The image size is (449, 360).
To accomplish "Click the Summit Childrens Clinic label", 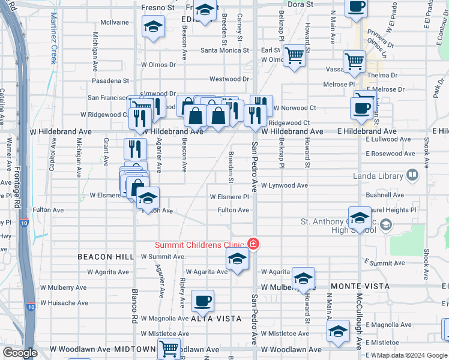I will pyautogui.click(x=199, y=244).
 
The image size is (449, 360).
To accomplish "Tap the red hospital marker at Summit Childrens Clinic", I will pyautogui.click(x=253, y=244).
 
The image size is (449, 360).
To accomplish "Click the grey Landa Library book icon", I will pyautogui.click(x=412, y=175).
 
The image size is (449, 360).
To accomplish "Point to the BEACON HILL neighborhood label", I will pyautogui.click(x=106, y=257).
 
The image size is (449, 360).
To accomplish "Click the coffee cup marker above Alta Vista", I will pyautogui.click(x=202, y=301).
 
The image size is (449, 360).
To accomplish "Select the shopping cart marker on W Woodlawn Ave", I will pyautogui.click(x=169, y=348).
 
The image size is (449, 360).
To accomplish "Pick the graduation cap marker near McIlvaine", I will pyautogui.click(x=153, y=27).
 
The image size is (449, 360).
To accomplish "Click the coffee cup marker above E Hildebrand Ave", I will pyautogui.click(x=361, y=108).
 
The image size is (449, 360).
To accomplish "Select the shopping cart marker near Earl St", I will pyautogui.click(x=294, y=56).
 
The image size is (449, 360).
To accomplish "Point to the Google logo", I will pyautogui.click(x=20, y=353).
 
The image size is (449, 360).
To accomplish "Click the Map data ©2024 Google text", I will pyautogui.click(x=411, y=355).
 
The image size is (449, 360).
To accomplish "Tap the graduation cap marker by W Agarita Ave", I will pyautogui.click(x=237, y=259).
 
